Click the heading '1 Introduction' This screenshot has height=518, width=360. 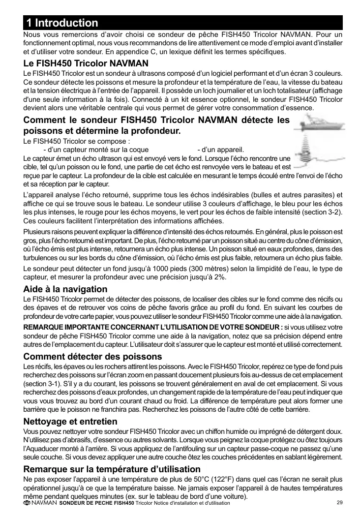tap(62, 23)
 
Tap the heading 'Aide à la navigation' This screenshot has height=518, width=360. tap(65, 289)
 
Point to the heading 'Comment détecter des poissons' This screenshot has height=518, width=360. tap(92, 356)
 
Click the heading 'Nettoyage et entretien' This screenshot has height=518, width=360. tap(70, 422)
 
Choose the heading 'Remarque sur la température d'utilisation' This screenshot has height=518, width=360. tap(112, 469)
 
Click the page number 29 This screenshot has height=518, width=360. tap(339, 502)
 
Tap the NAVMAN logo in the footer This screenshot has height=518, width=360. tap(40, 503)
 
